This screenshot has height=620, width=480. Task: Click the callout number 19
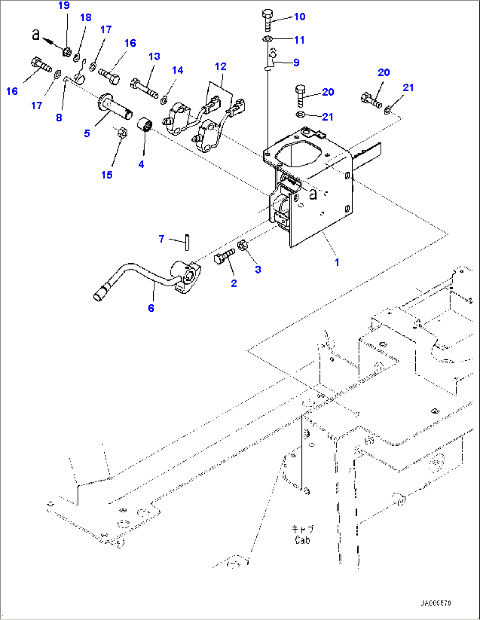click(x=64, y=6)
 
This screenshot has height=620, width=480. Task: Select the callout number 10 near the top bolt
click(x=299, y=17)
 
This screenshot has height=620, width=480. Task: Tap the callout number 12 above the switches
click(x=221, y=66)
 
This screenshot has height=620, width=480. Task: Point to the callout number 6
click(x=151, y=308)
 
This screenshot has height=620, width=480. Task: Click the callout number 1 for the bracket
click(x=337, y=262)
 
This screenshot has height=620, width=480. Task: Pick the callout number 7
click(x=162, y=239)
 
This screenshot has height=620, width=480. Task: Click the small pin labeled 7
click(x=187, y=242)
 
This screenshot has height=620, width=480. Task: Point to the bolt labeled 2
click(x=225, y=256)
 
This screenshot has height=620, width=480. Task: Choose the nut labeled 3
click(x=242, y=245)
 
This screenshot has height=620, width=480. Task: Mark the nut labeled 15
click(x=123, y=132)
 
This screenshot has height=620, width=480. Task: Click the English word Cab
click(x=303, y=540)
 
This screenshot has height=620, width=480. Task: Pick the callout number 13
click(x=154, y=57)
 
